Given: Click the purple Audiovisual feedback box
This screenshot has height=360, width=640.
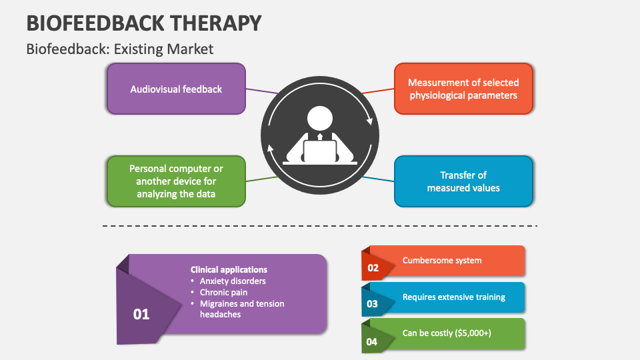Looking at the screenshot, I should (176, 89).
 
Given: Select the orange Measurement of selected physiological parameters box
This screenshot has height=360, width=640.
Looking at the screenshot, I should (463, 89).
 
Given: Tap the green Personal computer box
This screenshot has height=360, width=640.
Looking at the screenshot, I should (176, 181).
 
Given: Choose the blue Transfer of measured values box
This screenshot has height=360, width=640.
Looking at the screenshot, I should (463, 181).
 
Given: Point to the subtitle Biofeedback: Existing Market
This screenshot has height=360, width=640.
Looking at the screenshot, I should (120, 49).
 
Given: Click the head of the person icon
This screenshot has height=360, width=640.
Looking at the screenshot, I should (320, 119).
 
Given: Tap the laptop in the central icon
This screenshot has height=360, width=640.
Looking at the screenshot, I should (320, 151).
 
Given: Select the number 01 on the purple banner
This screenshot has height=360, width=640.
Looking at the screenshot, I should (141, 314).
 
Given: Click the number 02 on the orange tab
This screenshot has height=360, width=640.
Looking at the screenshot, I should (373, 268).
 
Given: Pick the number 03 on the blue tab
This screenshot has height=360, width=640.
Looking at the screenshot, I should (373, 304).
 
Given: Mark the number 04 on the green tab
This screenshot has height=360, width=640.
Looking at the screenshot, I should (373, 342).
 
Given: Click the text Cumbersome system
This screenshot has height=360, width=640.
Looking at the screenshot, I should (442, 260).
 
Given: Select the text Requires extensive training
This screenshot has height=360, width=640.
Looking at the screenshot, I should (454, 297).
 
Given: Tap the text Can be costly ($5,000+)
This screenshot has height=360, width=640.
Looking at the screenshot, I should (447, 333).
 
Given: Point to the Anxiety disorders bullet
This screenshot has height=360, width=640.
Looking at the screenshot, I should (233, 281).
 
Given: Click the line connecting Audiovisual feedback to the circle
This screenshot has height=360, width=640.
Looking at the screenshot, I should (262, 90).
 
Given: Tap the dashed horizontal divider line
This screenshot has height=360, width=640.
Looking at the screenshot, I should (320, 226).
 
